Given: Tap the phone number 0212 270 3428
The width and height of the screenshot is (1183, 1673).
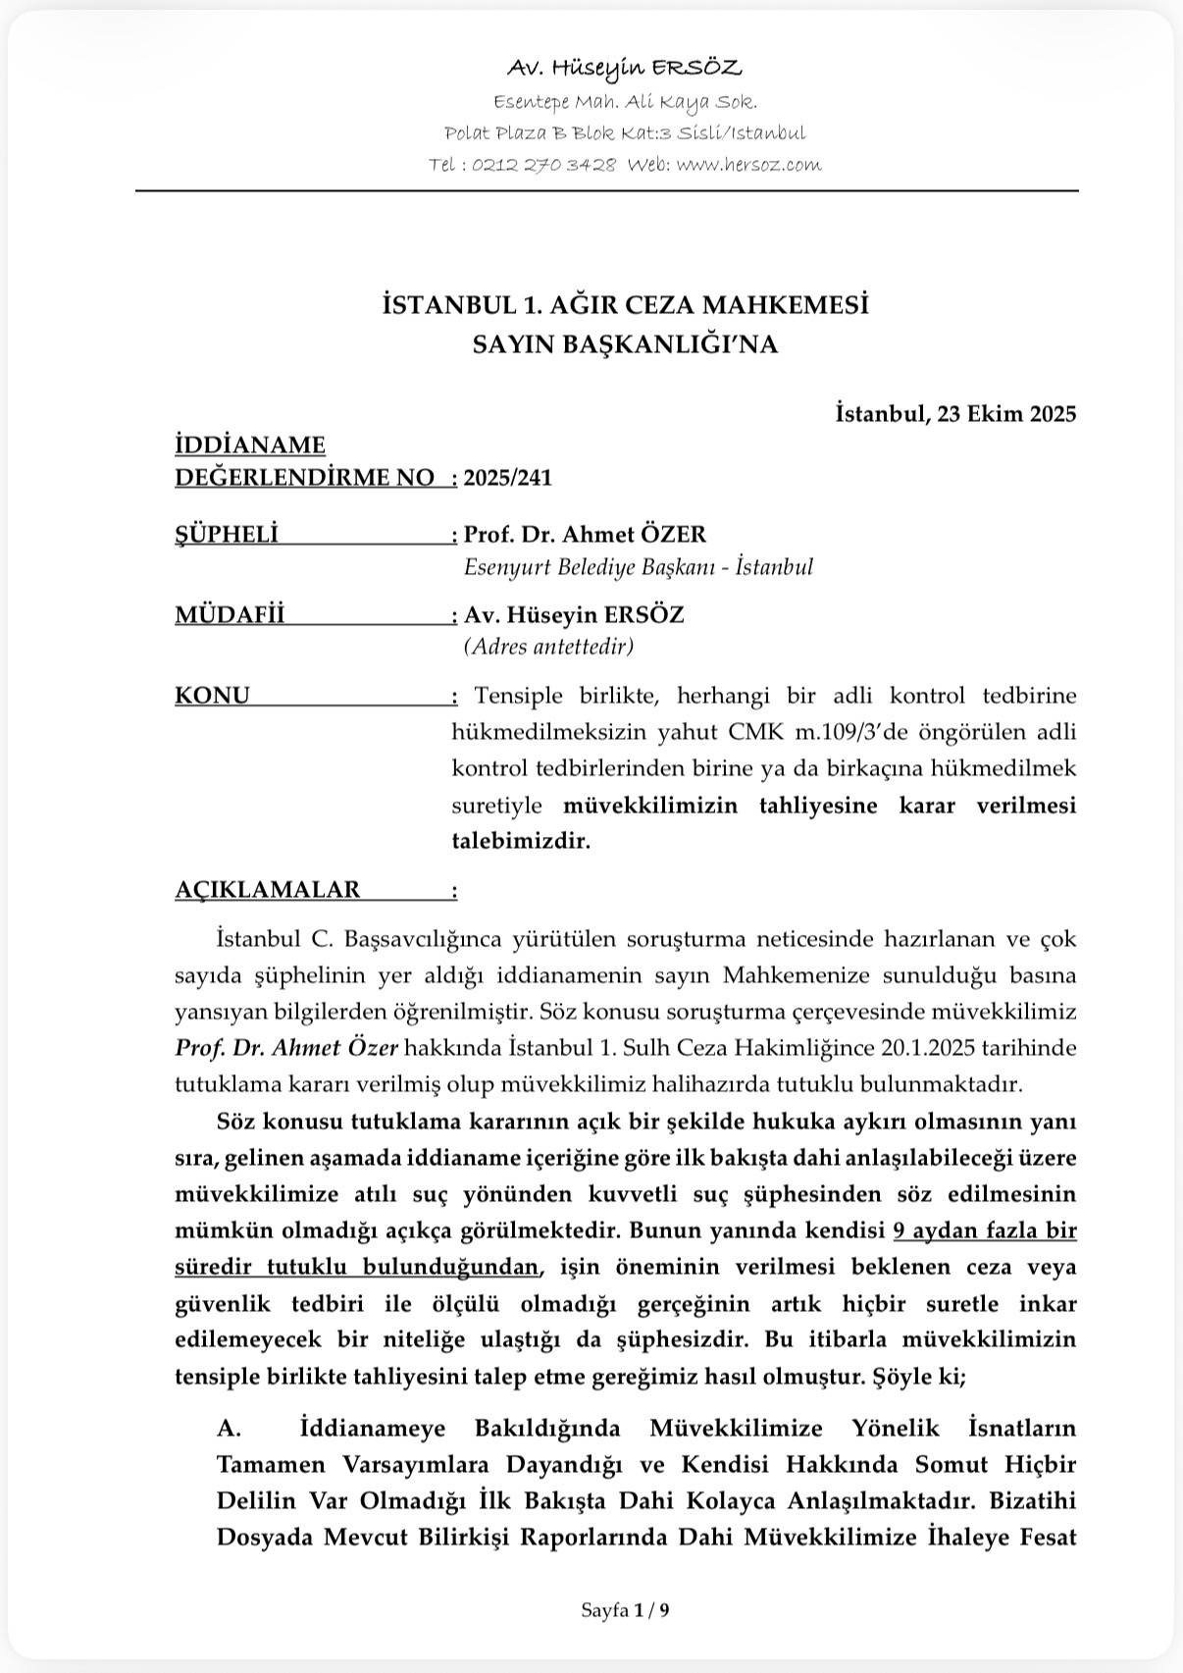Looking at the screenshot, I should coord(543,165).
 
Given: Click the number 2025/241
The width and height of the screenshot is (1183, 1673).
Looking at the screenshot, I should coord(508,478).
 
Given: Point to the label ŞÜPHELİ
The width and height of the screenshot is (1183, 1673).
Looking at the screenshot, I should coord(227,534).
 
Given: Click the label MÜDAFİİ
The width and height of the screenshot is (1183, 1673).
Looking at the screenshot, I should coord(230,614).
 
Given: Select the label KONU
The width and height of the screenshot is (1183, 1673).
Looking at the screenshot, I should coord(212,695).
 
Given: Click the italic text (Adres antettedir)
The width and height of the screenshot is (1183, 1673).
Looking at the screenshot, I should coord(548,646).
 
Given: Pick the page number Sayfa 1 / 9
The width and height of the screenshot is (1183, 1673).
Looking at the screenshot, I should coord(625,1610).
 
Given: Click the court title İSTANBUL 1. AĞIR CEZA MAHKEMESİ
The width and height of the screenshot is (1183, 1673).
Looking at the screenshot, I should coord(625,305).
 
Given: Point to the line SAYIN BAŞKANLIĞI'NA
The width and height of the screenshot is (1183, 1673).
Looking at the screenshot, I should coord(625,344).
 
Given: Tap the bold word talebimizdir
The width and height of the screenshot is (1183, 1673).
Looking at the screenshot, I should coord(521,841).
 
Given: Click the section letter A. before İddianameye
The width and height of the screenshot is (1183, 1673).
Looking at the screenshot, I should coord(230,1427).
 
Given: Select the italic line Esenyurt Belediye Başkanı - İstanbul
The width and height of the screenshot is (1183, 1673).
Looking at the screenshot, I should coord(638,566).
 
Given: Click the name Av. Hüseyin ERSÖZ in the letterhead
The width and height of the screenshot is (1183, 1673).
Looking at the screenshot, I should coord(625,68).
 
